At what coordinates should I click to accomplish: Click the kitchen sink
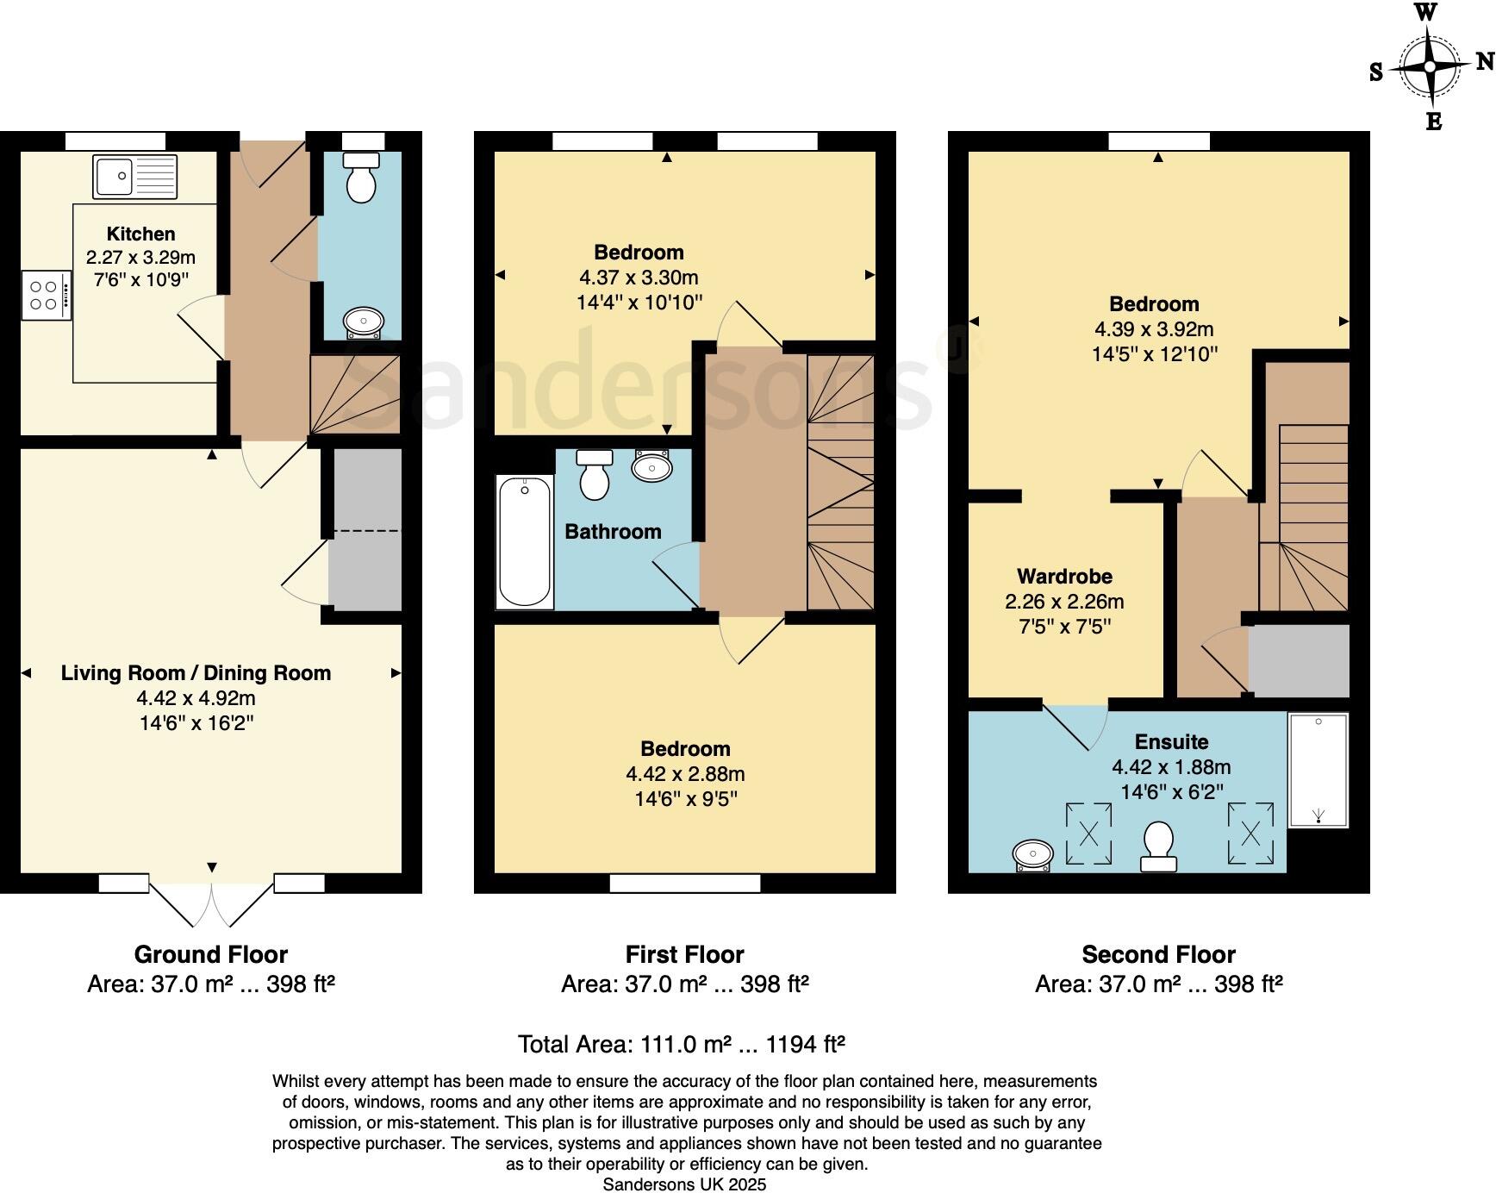[x=135, y=177]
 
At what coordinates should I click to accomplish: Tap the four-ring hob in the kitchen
[x=47, y=297]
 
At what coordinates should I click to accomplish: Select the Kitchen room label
[x=140, y=234]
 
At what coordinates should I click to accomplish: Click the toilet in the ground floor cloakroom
[x=360, y=179]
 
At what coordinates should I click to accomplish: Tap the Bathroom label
[x=613, y=532]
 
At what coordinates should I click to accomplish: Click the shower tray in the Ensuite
[x=1318, y=770]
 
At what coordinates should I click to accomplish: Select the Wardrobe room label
[x=1064, y=577]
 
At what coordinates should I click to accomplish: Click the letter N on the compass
[x=1484, y=61]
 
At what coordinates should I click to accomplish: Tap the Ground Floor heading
[x=210, y=955]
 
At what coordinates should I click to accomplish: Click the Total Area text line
[x=681, y=1045]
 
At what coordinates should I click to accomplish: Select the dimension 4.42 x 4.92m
[x=196, y=698]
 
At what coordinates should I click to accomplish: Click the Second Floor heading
[x=1158, y=955]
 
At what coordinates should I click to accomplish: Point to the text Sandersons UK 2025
[x=684, y=1185]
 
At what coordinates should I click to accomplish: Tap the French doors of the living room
[x=212, y=902]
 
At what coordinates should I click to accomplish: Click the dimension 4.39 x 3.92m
[x=1154, y=329]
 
